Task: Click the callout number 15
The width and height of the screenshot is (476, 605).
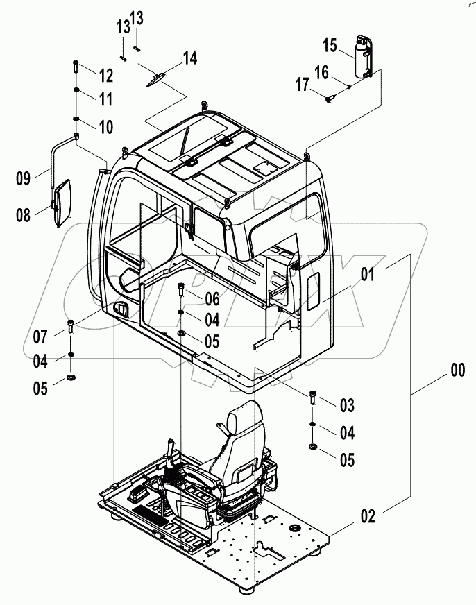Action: click(x=330, y=46)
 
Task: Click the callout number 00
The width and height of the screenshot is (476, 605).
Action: click(x=457, y=371)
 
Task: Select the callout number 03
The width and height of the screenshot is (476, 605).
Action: click(x=347, y=404)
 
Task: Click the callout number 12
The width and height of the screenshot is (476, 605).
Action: click(x=105, y=74)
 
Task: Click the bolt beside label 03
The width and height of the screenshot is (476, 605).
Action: click(x=312, y=397)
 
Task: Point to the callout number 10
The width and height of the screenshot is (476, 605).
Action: click(x=105, y=128)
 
